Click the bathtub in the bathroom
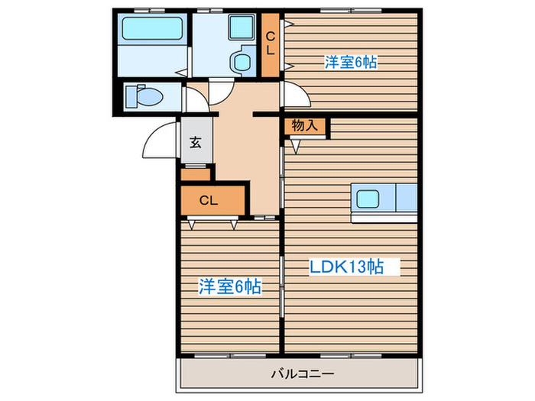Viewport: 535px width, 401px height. (152, 29)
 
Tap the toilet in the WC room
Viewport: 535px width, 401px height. (144, 96)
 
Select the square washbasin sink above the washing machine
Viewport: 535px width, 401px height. (242, 27)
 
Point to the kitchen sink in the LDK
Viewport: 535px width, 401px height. (368, 199)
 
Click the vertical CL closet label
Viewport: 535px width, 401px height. (271, 44)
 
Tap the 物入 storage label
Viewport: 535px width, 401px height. (305, 125)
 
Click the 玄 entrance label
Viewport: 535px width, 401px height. (196, 142)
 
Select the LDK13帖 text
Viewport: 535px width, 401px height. (346, 267)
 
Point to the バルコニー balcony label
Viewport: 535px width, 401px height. (303, 374)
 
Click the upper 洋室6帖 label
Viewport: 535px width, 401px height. (351, 63)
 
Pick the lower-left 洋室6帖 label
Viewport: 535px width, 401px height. (230, 286)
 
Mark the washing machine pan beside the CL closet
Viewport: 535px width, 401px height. (243, 60)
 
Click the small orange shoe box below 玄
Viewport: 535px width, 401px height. (196, 175)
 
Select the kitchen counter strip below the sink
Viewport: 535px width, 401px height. (384, 218)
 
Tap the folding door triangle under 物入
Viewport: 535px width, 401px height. (296, 147)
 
